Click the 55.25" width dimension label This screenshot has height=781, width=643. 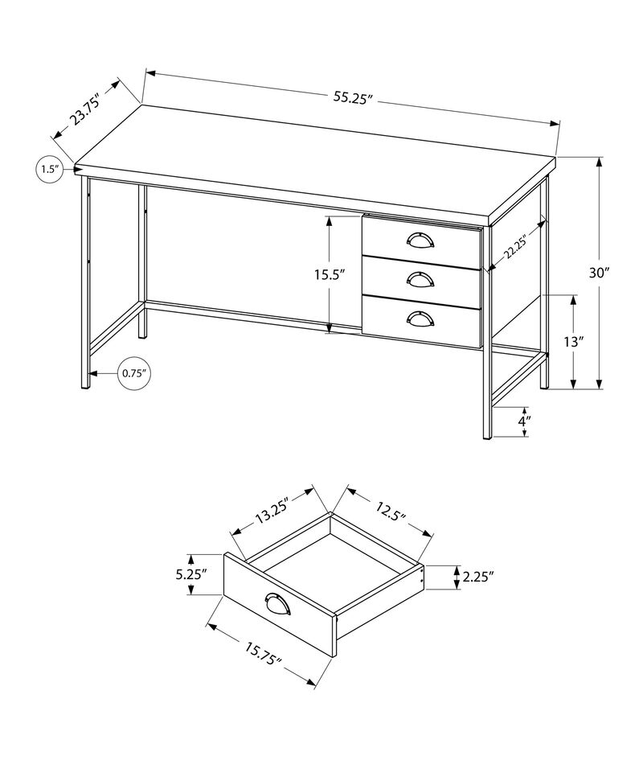click(354, 97)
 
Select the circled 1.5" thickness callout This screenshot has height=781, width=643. click(49, 169)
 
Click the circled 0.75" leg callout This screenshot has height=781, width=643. click(134, 372)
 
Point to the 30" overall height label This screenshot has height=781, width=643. click(599, 273)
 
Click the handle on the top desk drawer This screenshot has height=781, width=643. click(420, 240)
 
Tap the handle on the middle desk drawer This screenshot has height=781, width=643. click(420, 278)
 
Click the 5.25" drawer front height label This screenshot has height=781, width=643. click(191, 574)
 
